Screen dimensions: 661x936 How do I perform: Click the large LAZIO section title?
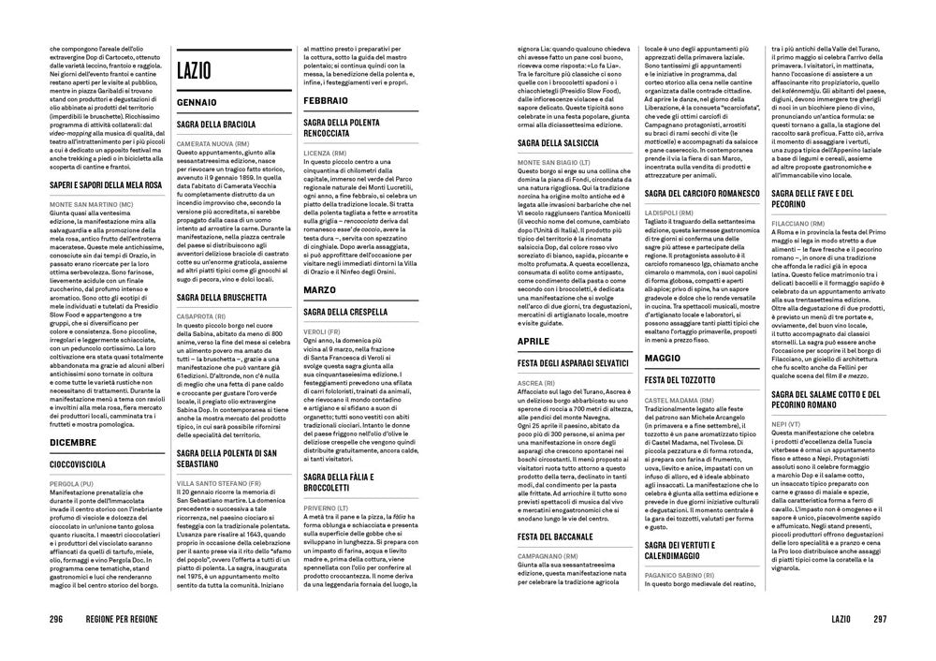click(x=193, y=69)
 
